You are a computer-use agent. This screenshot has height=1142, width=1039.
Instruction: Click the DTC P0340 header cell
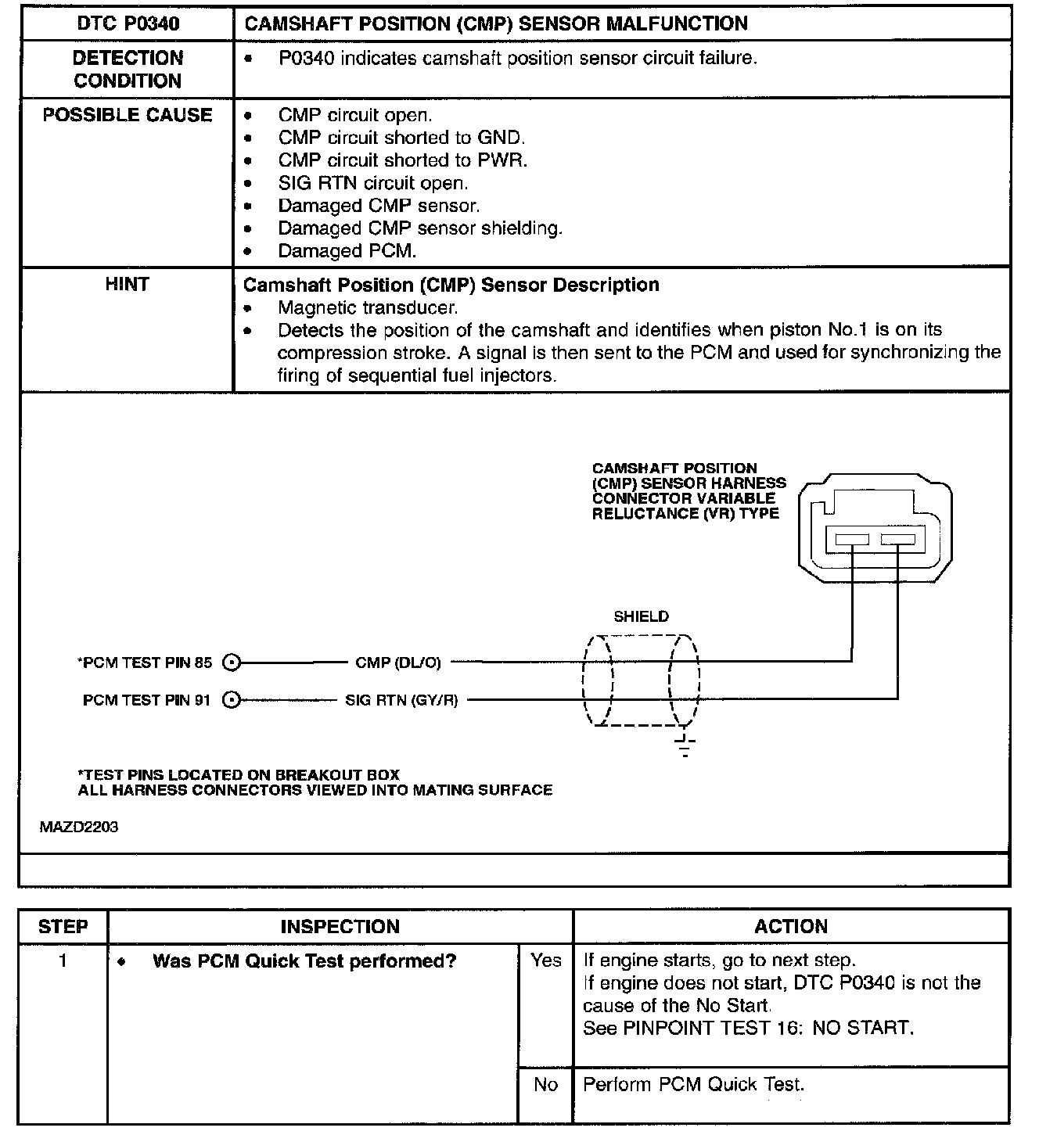[x=128, y=23]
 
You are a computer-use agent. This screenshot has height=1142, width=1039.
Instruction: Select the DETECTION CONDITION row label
[x=128, y=69]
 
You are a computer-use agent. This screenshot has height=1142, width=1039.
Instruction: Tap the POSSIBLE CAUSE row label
[x=128, y=115]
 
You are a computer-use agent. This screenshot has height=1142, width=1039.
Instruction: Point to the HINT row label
[x=127, y=285]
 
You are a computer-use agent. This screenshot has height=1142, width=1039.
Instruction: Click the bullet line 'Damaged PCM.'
[x=347, y=251]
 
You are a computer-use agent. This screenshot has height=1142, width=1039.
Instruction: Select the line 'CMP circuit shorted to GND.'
[x=401, y=138]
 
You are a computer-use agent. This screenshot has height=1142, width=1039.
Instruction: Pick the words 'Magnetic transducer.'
[x=367, y=307]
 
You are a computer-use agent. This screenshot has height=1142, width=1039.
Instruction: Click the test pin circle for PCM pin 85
[x=231, y=663]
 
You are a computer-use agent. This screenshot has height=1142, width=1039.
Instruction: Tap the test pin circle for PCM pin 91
[x=231, y=700]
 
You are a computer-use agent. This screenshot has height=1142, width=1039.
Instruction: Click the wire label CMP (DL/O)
[x=398, y=663]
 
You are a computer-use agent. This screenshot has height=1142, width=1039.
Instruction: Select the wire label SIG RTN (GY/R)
[x=401, y=700]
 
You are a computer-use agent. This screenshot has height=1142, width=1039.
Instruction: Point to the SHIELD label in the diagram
[x=641, y=616]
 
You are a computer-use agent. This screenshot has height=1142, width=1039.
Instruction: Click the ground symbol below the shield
[x=685, y=747]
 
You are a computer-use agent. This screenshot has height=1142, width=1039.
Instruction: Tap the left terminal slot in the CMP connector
[x=851, y=539]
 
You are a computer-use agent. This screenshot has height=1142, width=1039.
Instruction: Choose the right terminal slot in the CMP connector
[x=897, y=539]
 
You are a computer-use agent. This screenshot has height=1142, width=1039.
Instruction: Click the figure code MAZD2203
[x=79, y=827]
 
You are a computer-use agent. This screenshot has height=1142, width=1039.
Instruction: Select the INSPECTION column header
[x=340, y=927]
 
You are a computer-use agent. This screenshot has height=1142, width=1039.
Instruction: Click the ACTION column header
[x=790, y=927]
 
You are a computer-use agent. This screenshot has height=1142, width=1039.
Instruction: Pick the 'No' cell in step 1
[x=545, y=1084]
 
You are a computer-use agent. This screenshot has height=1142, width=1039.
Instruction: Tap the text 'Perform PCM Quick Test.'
[x=693, y=1084]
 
